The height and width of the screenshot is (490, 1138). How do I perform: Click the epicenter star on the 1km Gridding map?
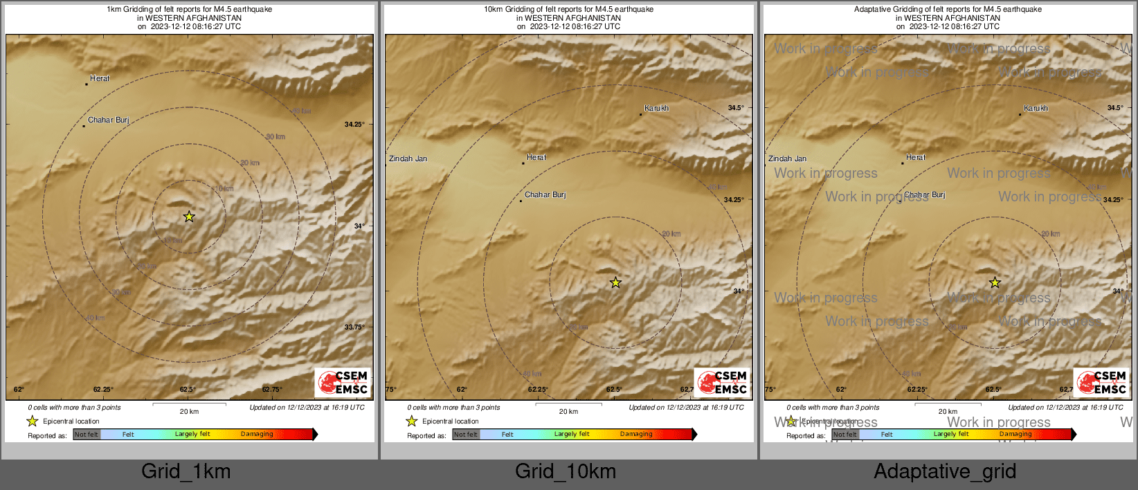coord(189,217)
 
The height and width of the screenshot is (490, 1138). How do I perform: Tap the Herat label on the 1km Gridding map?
coord(100,78)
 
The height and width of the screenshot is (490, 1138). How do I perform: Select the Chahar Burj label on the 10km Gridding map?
coord(545,194)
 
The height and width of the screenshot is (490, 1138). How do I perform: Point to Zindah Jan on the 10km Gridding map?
coord(408,158)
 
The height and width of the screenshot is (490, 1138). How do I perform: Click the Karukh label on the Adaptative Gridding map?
coord(1036,109)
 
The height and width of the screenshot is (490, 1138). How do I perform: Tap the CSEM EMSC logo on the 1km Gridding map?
coord(343,382)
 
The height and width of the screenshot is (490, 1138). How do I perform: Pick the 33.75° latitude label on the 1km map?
coord(354,327)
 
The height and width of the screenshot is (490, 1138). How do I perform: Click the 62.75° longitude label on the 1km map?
coord(272,390)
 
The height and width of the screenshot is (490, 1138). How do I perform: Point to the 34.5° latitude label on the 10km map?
coord(735,108)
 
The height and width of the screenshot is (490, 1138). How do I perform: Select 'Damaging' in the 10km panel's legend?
coord(636,434)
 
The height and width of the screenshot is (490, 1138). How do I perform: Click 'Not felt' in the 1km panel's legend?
coord(87,434)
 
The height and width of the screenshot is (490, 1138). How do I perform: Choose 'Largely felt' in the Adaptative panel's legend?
coord(951,434)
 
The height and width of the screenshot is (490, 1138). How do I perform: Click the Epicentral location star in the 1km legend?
coord(33,421)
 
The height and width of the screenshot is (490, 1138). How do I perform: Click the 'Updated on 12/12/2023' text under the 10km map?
coord(686,408)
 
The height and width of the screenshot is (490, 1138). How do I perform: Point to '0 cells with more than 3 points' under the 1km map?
coord(74,408)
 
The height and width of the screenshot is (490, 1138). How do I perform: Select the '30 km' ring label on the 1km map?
coord(276,136)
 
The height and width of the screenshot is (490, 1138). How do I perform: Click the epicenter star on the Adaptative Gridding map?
coord(995,282)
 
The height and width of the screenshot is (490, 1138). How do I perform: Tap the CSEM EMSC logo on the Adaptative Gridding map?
coord(1102,382)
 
